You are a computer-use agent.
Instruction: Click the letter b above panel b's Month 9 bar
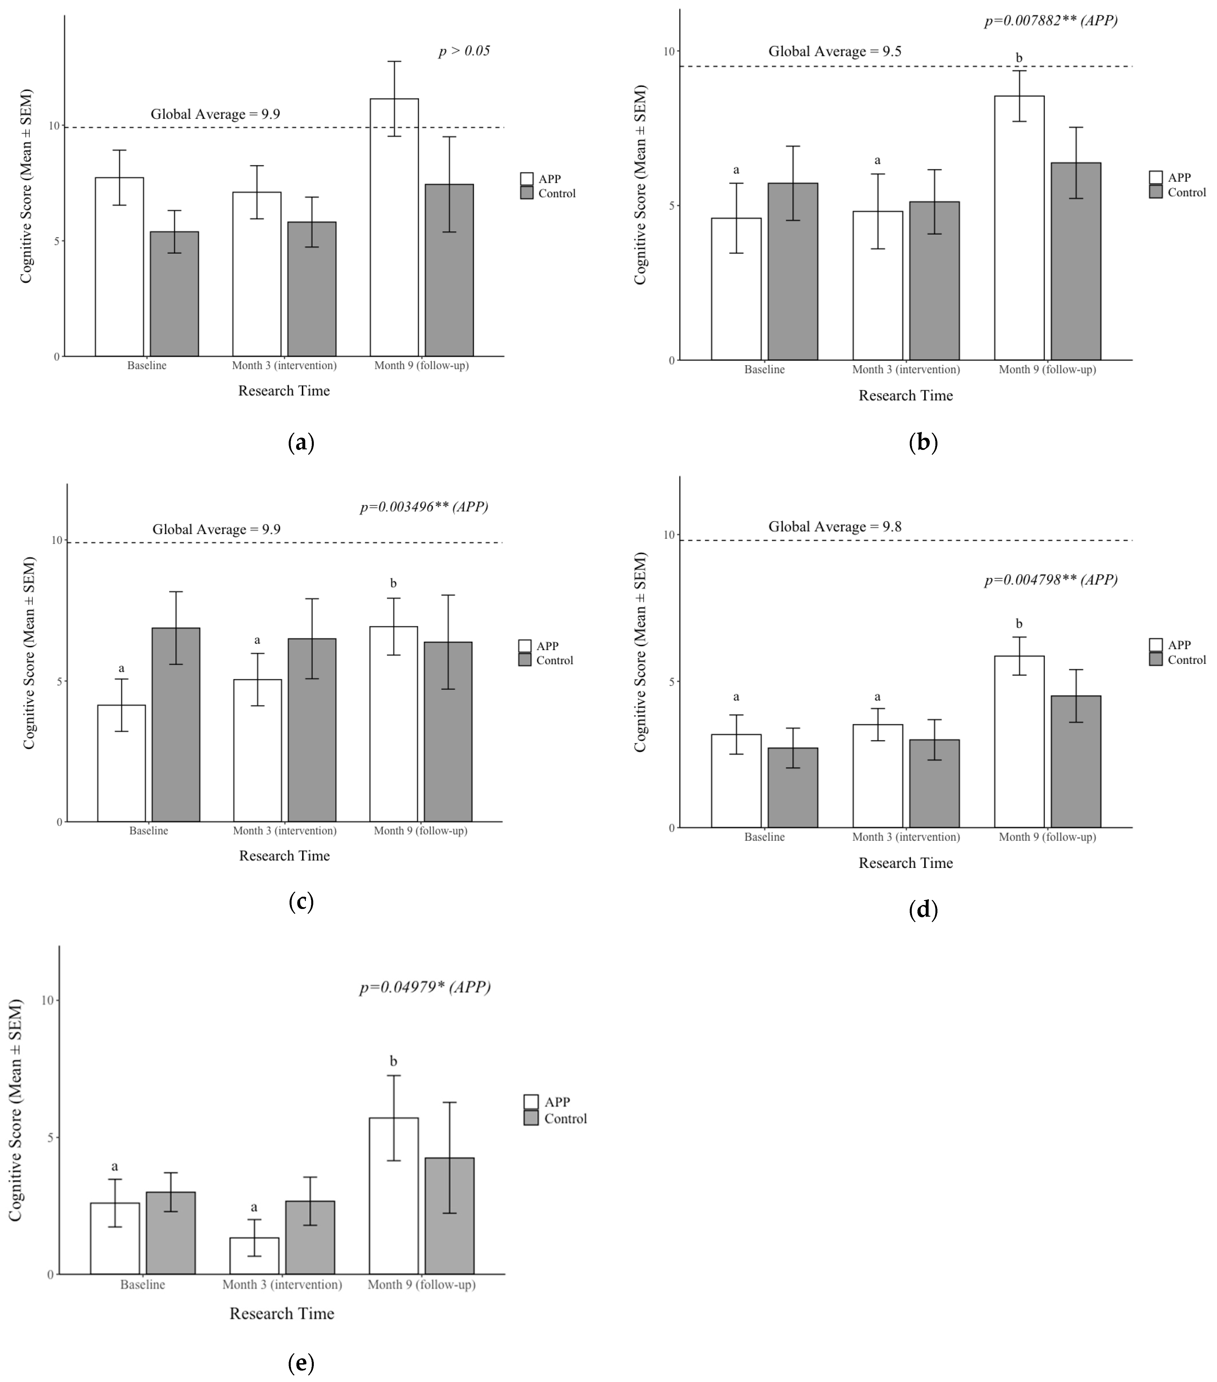[1019, 58]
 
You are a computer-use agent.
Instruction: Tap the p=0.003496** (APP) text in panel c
[424, 506]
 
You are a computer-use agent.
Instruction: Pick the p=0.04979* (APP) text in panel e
[424, 987]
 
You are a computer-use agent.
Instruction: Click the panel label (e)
[301, 1363]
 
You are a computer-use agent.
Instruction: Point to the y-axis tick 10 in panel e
[49, 1001]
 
